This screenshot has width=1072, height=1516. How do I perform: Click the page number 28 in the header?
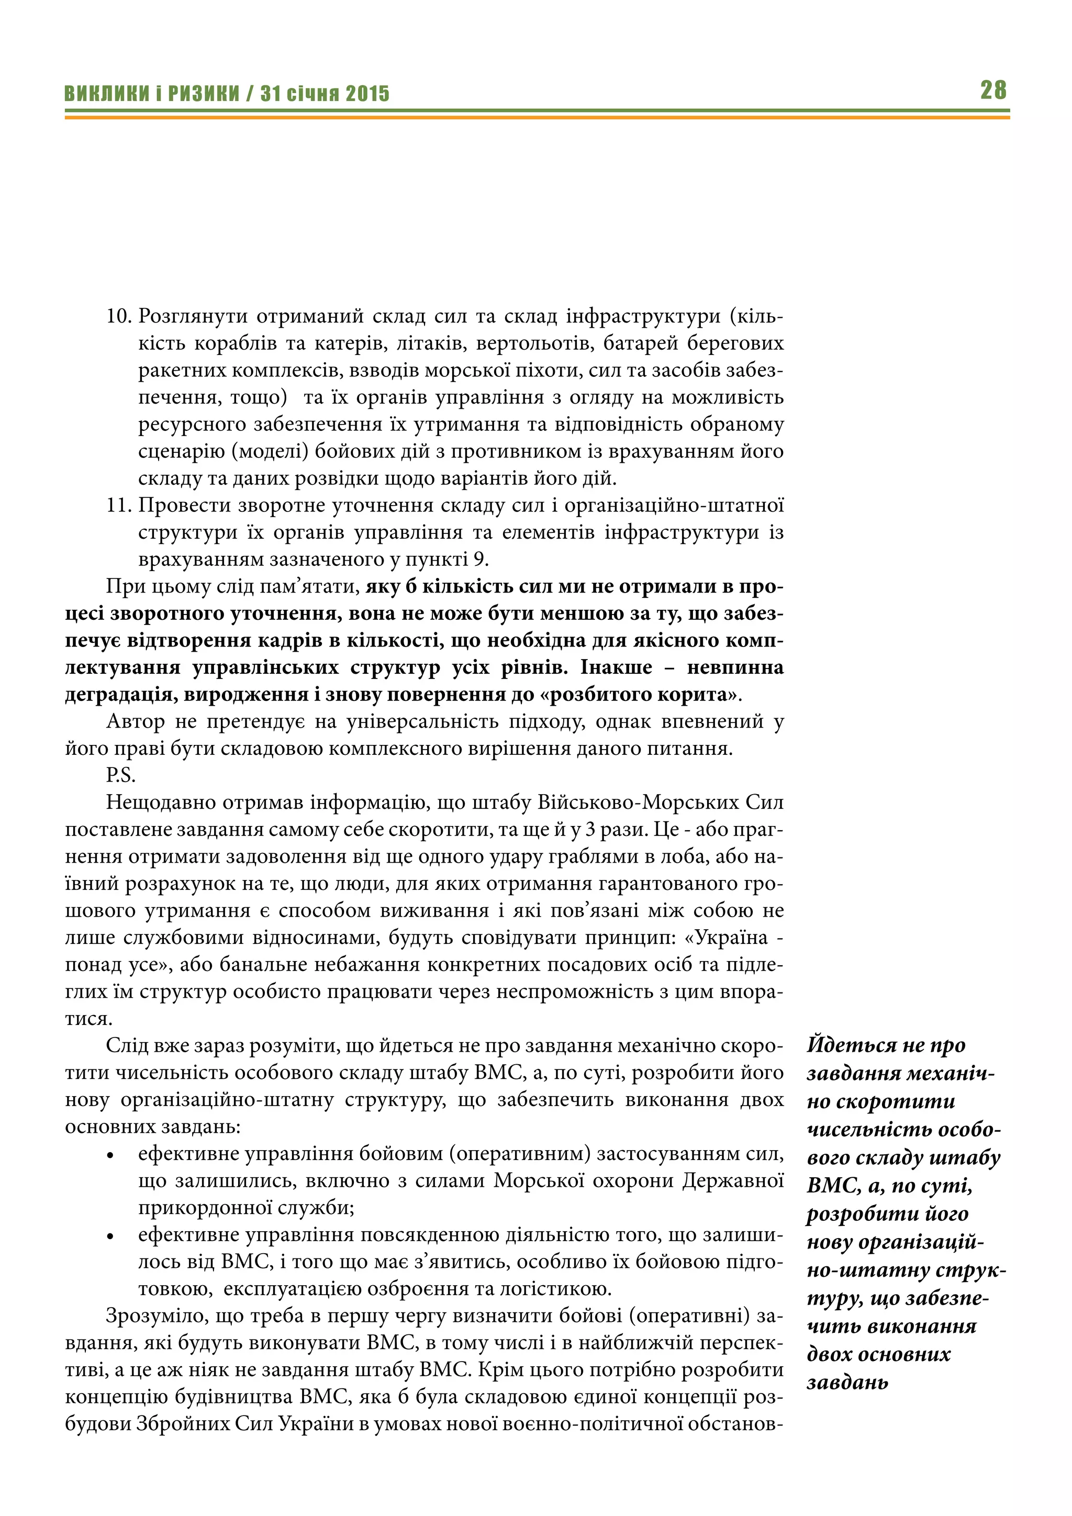(x=993, y=90)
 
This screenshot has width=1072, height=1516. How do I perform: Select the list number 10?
(x=119, y=316)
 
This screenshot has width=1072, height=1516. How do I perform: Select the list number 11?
(x=119, y=505)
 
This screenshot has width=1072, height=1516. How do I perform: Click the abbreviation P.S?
(x=120, y=776)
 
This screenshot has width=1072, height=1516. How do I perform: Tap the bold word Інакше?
(x=617, y=667)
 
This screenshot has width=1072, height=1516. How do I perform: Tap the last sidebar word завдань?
(x=847, y=1382)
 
